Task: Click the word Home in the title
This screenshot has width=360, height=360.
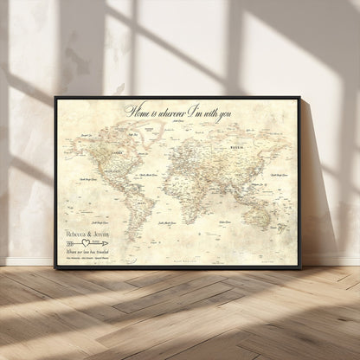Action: click(137, 109)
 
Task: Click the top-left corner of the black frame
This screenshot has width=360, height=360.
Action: click(56, 97)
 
